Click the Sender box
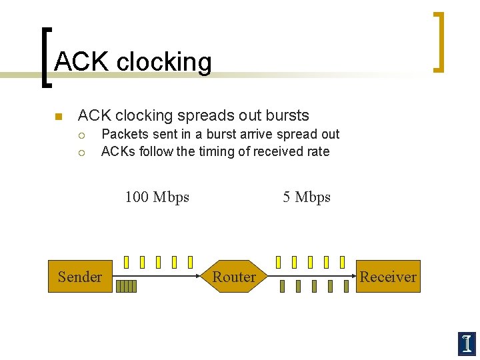[x=80, y=277]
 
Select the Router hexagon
[x=234, y=277]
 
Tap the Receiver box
[x=388, y=277]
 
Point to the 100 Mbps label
[x=157, y=197]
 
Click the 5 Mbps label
[x=307, y=197]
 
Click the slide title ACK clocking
[x=133, y=62]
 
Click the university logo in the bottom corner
[x=467, y=343]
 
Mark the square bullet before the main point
[x=58, y=117]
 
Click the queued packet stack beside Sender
[x=126, y=287]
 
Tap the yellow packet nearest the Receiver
[x=342, y=262]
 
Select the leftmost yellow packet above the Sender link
[x=126, y=262]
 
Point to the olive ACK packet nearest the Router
[x=282, y=287]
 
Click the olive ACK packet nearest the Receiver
[x=346, y=287]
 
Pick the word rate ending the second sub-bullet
[x=317, y=151]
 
